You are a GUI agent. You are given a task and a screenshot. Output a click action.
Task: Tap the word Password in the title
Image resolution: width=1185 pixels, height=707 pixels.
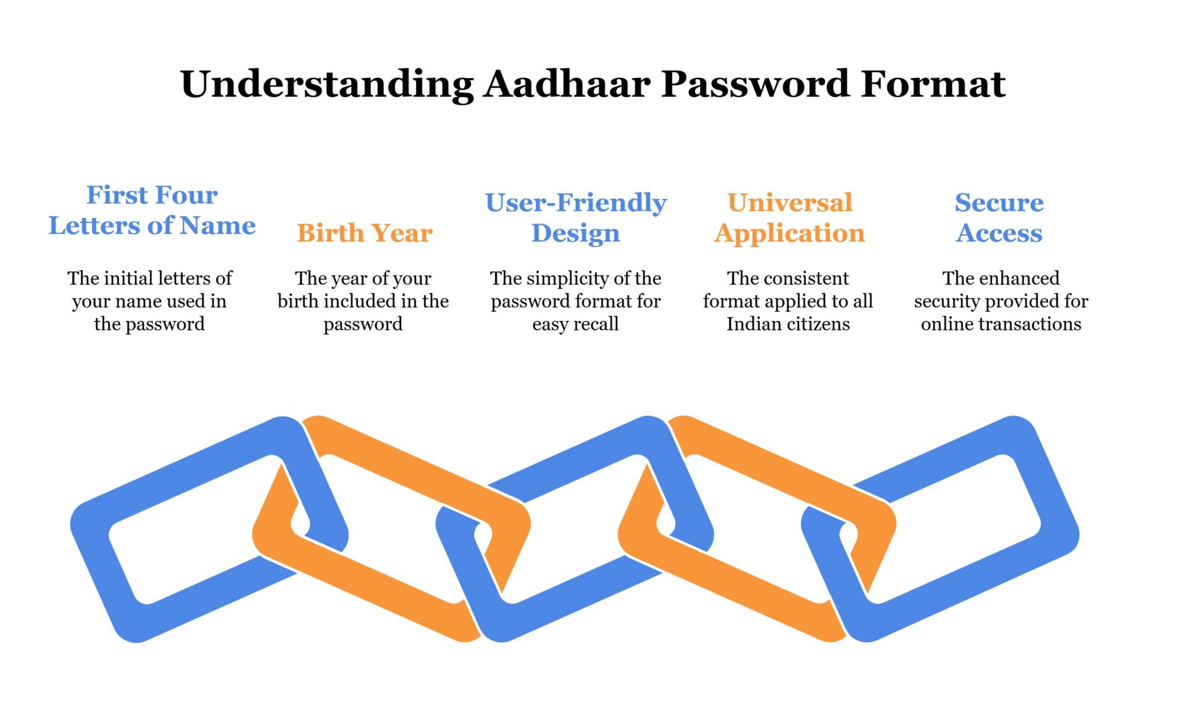coord(755,84)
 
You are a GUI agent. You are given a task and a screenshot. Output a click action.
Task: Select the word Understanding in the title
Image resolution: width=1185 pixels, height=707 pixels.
coord(326,84)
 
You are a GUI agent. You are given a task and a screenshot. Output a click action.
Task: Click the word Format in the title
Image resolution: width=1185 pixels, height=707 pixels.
coord(933,84)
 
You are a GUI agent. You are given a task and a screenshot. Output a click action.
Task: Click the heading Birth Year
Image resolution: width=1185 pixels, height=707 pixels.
coord(364,233)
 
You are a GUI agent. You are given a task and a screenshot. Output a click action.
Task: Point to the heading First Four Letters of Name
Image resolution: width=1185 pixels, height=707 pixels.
coord(152,210)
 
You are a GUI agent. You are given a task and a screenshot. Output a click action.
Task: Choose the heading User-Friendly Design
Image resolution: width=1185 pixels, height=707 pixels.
coord(575,217)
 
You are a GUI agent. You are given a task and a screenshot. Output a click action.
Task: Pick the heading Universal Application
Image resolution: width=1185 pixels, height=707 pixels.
coord(789,217)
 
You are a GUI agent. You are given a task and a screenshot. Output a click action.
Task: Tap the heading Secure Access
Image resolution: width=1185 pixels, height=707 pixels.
coord(999,217)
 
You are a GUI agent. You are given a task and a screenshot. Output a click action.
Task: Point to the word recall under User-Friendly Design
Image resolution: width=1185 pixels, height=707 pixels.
coord(596,324)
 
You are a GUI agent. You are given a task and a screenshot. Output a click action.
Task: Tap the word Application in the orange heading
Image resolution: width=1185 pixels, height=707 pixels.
coord(789,233)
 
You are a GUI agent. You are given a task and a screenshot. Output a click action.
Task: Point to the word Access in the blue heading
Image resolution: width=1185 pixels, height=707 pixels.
coord(999,233)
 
